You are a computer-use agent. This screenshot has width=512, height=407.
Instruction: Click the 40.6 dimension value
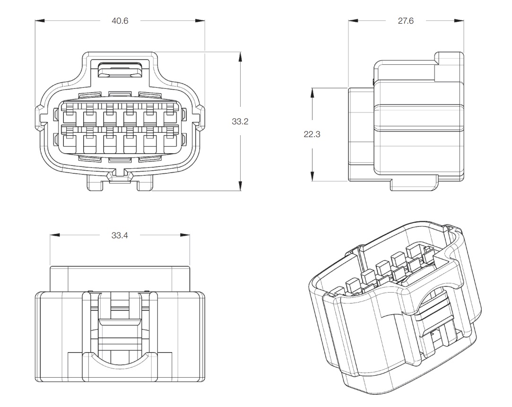(x=120, y=21)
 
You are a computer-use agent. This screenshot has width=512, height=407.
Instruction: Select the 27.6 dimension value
(x=405, y=21)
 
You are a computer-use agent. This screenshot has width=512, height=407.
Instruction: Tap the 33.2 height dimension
(x=240, y=121)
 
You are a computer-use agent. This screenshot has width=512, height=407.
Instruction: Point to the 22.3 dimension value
(x=312, y=134)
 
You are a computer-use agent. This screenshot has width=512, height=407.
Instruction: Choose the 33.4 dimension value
(x=120, y=235)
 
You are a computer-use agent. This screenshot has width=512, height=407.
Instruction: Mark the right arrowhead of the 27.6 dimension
(x=460, y=21)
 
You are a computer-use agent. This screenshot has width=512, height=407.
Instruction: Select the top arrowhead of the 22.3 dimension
(x=312, y=92)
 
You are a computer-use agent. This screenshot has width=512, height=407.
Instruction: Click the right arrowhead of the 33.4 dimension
(x=186, y=235)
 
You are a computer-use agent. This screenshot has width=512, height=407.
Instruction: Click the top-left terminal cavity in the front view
(x=69, y=115)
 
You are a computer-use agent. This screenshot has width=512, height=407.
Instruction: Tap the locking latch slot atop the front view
(x=120, y=71)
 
